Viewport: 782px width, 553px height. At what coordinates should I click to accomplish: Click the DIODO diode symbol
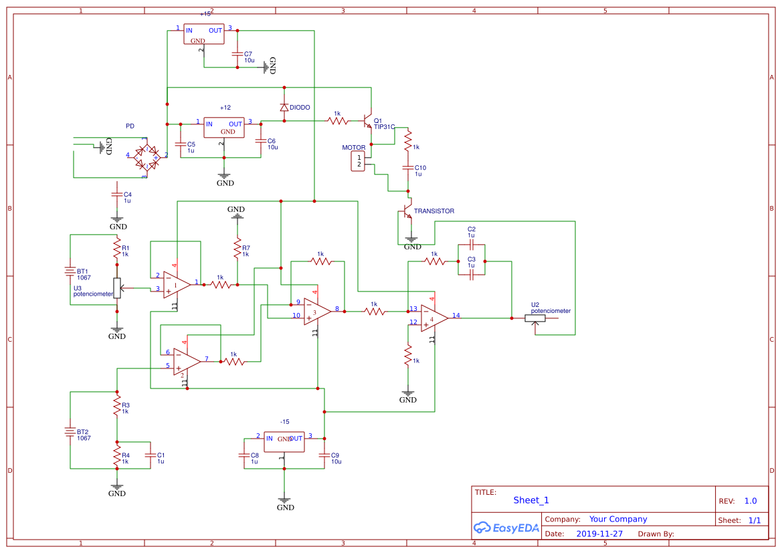284,107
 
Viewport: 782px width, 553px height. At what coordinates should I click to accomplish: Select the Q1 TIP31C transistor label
384,124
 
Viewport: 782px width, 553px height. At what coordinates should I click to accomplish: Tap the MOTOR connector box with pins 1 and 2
359,160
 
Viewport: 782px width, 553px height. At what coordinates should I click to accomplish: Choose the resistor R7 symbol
237,248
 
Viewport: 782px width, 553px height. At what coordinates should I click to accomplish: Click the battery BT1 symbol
70,271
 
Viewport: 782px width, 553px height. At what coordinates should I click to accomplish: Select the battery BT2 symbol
70,431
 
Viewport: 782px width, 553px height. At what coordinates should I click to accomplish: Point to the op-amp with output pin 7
186,362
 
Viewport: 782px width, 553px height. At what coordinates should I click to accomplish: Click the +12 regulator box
224,127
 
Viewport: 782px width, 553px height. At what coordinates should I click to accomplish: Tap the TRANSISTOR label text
433,211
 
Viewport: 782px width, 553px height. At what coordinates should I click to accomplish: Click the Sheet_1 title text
531,500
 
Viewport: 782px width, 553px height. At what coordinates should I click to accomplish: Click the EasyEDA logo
504,527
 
